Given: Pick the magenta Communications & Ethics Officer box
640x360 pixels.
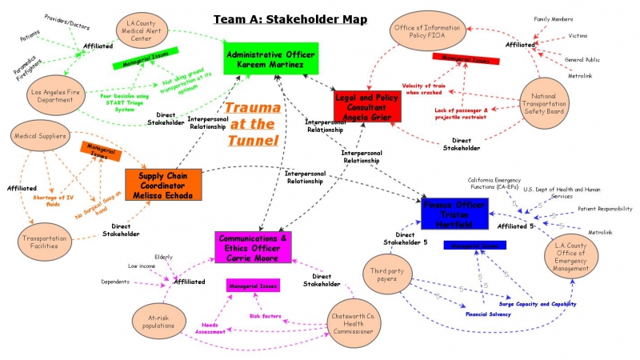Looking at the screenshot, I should pyautogui.click(x=254, y=247).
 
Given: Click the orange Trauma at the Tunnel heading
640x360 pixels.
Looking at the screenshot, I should pyautogui.click(x=252, y=124).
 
